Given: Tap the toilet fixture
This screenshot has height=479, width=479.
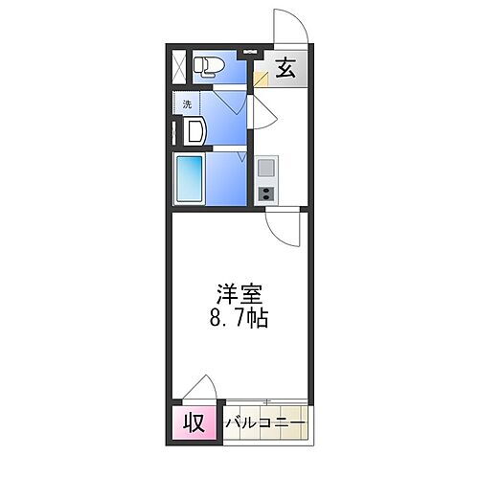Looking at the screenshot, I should [207, 65].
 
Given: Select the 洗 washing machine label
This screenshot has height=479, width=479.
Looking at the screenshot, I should [188, 104].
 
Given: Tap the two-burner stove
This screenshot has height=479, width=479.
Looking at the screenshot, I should [266, 192].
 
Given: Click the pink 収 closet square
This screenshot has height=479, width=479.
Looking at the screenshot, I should [194, 422].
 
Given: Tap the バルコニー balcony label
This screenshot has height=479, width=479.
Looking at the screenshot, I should [266, 422].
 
